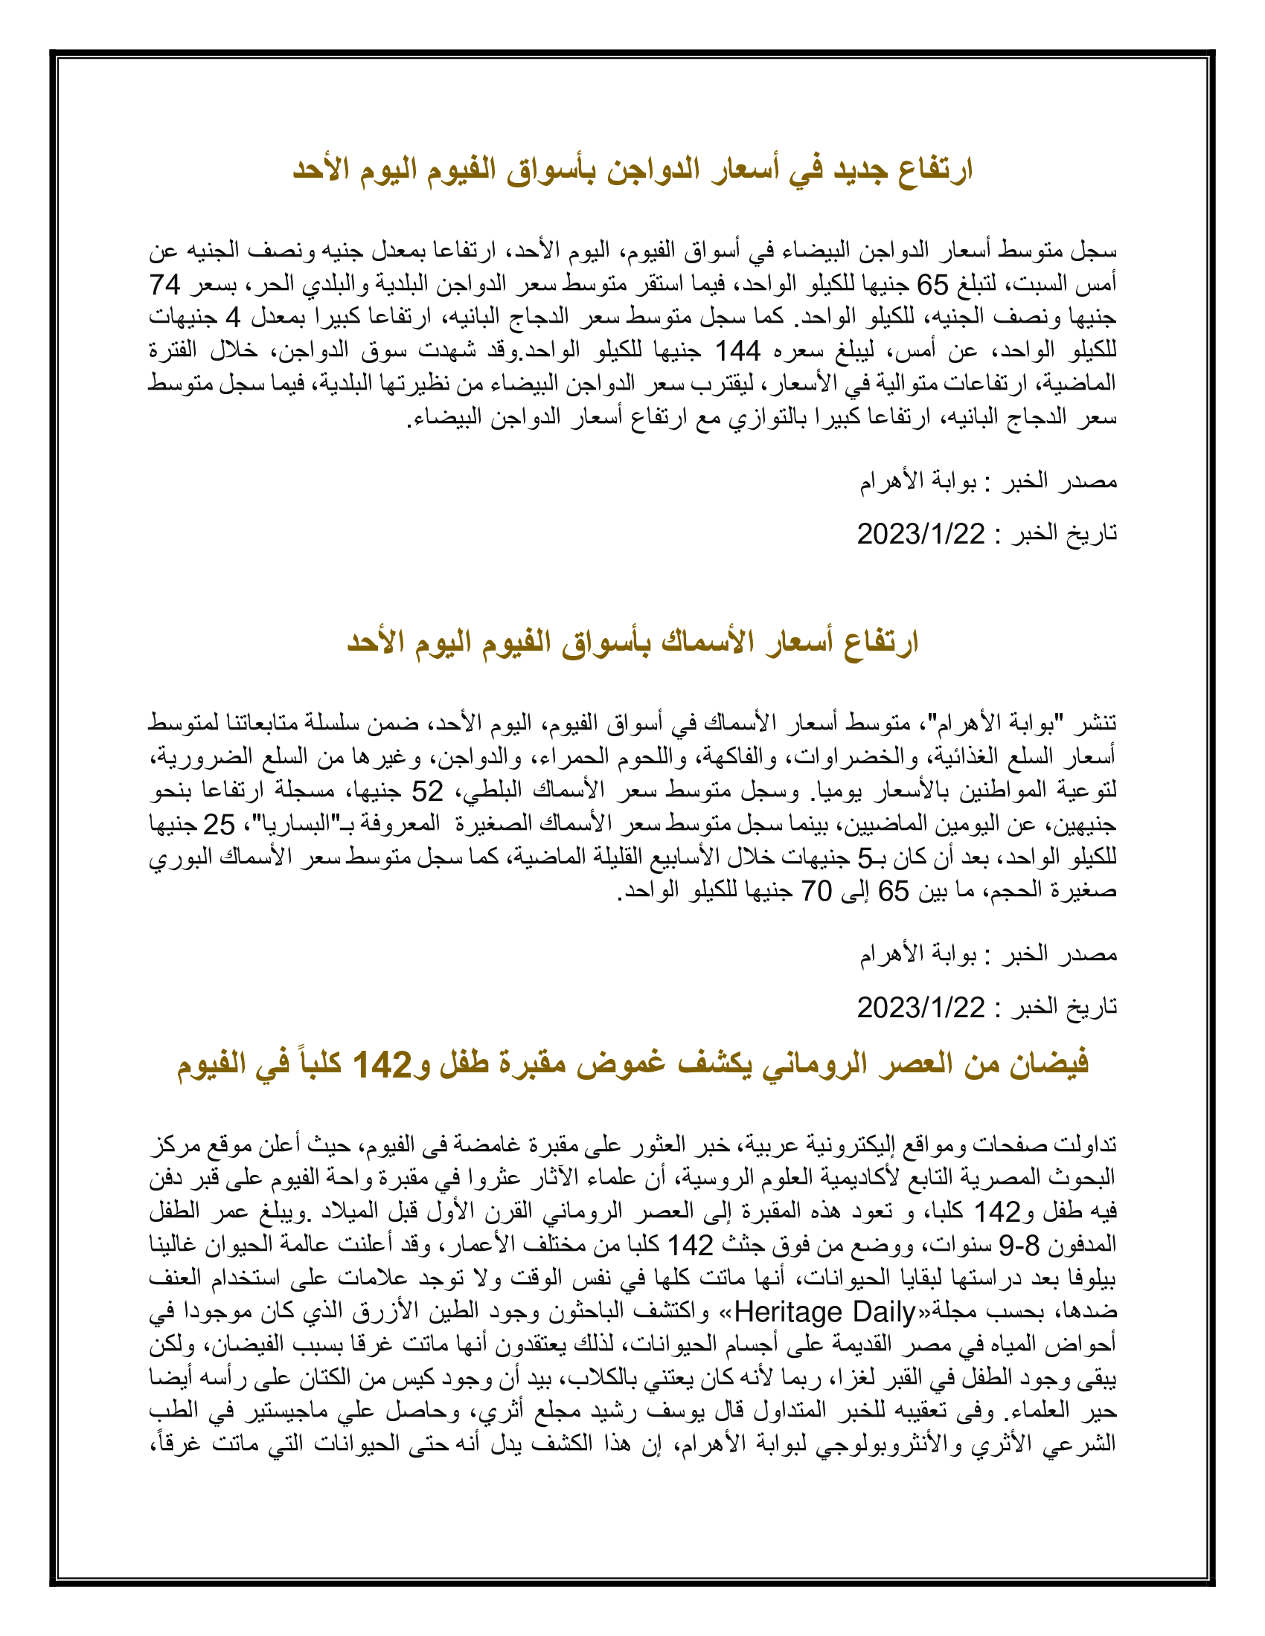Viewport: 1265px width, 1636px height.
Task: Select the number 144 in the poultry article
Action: (x=737, y=350)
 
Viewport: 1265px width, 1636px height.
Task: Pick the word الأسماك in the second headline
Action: (x=705, y=642)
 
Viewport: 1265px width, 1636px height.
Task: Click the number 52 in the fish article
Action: (x=427, y=791)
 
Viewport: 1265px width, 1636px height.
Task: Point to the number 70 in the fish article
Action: (x=817, y=891)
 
